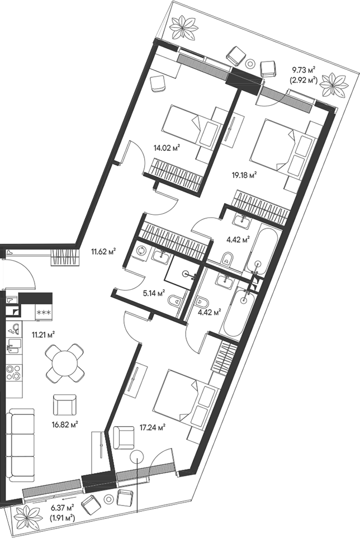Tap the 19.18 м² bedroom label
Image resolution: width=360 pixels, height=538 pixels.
click(x=244, y=176)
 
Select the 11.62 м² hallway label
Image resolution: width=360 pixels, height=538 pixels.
click(x=103, y=252)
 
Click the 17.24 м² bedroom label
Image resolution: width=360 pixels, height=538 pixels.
click(x=153, y=427)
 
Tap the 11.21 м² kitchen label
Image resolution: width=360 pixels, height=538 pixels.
click(x=44, y=334)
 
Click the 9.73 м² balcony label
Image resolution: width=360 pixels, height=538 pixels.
click(x=304, y=70)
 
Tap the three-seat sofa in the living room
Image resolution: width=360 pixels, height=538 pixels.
click(x=22, y=445)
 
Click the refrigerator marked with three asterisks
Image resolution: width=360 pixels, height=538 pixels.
click(x=44, y=312)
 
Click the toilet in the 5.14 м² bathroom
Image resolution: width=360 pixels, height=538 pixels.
click(x=174, y=301)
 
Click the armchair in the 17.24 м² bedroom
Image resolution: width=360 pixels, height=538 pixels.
click(x=124, y=437)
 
